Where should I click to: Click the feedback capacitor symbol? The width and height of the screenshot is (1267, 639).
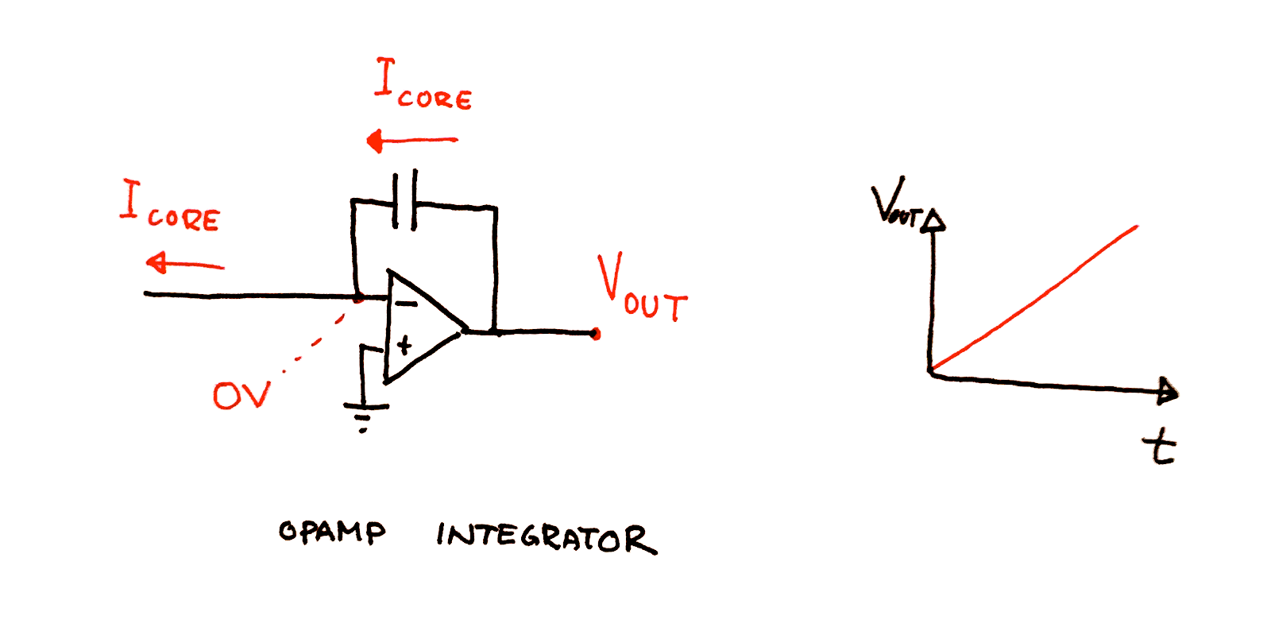click(405, 199)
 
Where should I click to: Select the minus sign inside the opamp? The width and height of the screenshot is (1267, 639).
click(406, 304)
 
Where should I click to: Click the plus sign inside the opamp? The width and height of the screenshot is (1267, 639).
click(404, 345)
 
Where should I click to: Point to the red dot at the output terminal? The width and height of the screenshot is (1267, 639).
click(595, 334)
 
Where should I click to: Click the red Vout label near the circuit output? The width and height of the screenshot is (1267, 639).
click(643, 288)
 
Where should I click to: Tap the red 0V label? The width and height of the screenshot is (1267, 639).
click(241, 395)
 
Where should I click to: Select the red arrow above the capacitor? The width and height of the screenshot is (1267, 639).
click(411, 141)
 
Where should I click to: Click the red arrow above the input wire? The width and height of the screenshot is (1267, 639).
click(185, 263)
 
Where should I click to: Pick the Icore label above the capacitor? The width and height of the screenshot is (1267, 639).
click(423, 84)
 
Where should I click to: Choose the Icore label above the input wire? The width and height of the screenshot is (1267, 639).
click(170, 206)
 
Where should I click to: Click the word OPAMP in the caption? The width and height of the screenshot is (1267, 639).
click(332, 532)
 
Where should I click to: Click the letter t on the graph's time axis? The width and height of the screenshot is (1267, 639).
click(1159, 447)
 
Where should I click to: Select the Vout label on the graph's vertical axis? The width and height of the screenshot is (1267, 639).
click(898, 203)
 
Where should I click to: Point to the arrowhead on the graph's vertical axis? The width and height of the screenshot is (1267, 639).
click(933, 220)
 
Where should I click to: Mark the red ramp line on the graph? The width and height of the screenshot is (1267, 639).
click(1034, 298)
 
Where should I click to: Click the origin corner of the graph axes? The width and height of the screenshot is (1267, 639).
click(931, 374)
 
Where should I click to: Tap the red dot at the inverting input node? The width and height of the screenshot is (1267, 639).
click(358, 298)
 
